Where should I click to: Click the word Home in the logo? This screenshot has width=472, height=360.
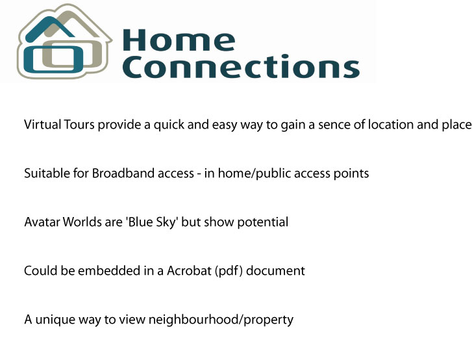[179, 40]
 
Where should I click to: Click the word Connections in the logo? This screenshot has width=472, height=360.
[241, 66]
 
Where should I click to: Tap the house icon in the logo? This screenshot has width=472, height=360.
[64, 42]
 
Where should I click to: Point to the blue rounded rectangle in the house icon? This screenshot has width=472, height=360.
[53, 59]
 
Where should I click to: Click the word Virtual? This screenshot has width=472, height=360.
[43, 124]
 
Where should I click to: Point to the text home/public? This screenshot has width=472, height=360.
[255, 174]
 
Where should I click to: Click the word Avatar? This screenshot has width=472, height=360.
[42, 222]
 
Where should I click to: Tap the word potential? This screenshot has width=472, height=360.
[262, 223]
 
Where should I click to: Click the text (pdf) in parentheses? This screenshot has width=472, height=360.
[229, 271]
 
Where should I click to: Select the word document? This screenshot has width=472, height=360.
[275, 271]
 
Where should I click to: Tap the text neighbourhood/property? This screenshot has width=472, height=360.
[221, 320]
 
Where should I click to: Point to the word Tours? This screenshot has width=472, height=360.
[79, 124]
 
